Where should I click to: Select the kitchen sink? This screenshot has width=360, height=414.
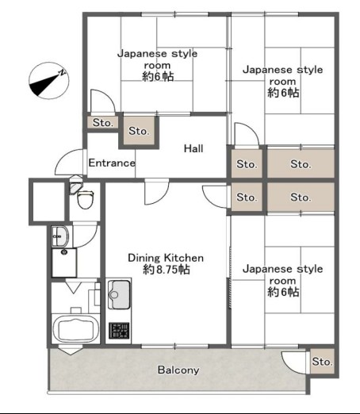119,294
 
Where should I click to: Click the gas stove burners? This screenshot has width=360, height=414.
119,331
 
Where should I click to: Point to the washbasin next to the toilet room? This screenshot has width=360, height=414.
60,236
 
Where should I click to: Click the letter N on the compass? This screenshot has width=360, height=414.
62,72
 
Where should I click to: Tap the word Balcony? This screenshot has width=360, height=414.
178,370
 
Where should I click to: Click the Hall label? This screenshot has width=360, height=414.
193,148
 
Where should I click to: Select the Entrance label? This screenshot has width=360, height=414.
112,163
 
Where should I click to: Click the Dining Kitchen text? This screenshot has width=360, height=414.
166,258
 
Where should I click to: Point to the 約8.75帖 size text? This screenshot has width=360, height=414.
167,270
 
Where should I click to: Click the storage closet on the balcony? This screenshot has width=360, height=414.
322,362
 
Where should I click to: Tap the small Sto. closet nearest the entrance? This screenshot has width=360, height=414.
102,123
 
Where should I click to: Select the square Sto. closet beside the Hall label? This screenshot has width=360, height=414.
139,131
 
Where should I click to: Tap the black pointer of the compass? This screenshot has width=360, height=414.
44,84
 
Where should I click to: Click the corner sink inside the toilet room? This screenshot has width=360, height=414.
75,185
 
